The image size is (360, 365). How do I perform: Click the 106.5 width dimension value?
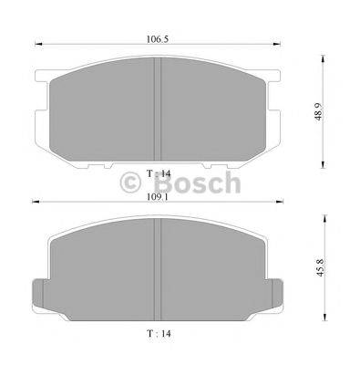(x=161, y=39)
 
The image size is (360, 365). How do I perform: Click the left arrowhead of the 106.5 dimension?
(x=36, y=47)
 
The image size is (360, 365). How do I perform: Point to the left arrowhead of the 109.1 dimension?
(x=35, y=202)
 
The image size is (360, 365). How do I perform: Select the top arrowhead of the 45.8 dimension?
(x=326, y=215)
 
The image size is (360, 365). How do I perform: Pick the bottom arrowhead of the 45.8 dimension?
(x=326, y=321)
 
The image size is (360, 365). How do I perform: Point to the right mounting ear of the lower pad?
(x=282, y=292)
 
